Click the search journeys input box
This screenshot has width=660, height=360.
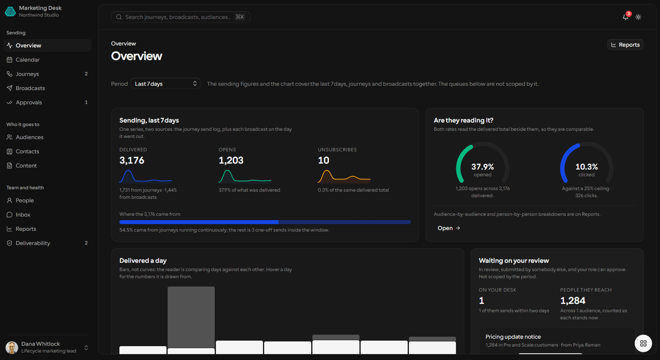point(180,17)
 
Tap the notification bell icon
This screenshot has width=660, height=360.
point(625,17)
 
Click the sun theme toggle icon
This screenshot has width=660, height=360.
point(638,17)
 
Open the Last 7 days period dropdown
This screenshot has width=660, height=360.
point(166,84)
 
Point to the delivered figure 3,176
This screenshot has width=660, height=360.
point(132,160)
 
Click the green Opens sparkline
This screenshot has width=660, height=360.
point(245,177)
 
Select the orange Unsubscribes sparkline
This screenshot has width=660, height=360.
point(344,177)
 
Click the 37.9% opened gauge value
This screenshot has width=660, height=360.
point(482,167)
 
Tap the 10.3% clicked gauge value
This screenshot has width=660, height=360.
point(586,167)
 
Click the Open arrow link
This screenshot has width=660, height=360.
point(449,228)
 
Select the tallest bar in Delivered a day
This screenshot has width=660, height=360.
point(191,317)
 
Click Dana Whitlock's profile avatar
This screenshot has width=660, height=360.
point(12,348)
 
